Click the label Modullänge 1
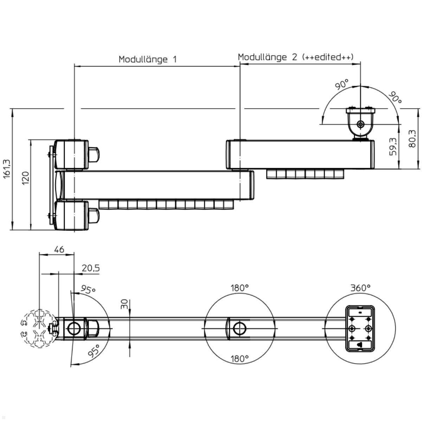147,59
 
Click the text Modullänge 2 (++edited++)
295,57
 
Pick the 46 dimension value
59,249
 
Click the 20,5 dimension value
91,268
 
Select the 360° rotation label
360,288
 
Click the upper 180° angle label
239,288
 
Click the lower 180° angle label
239,359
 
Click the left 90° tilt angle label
341,85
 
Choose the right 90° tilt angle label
395,98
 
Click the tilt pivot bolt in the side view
360,124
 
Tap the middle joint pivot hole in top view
240,328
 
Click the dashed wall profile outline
35,328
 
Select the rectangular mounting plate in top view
360,328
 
